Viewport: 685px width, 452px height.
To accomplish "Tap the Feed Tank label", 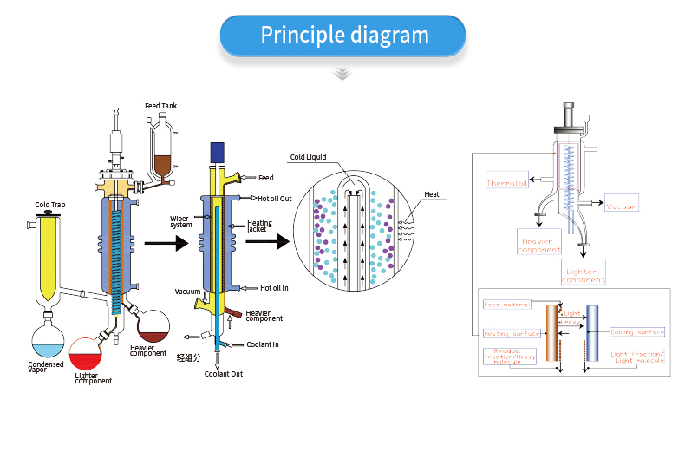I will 160,106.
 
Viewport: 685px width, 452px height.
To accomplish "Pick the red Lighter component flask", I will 86,355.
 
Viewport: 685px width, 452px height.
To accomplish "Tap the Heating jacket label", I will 259,226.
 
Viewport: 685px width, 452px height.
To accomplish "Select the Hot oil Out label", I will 277,199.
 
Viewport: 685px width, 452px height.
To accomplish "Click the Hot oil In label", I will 275,288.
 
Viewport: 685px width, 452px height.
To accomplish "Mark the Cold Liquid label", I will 310,157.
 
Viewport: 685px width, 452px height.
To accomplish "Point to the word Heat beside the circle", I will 431,194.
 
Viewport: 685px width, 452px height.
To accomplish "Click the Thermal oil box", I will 507,183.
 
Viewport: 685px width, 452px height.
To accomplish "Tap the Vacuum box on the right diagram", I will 622,206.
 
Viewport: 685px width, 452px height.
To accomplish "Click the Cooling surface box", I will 637,331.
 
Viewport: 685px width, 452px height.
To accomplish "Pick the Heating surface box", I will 512,333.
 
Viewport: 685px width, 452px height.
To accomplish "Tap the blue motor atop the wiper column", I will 218,150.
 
